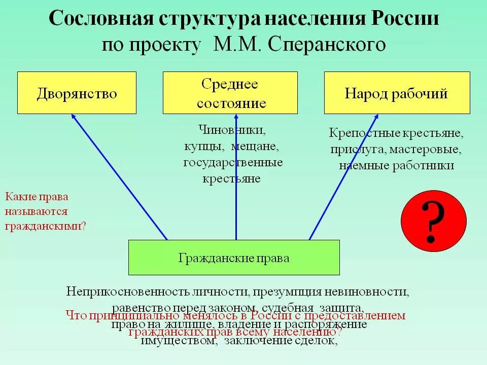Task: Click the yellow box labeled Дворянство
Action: (77, 93)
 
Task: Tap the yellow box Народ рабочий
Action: (397, 93)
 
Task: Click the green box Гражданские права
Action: (234, 258)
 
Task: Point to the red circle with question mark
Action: (433, 222)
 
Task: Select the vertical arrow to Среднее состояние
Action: (236, 177)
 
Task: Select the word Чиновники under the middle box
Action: (232, 130)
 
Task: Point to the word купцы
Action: (202, 147)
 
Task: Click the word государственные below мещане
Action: (233, 163)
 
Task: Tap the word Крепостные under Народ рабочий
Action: (361, 133)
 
